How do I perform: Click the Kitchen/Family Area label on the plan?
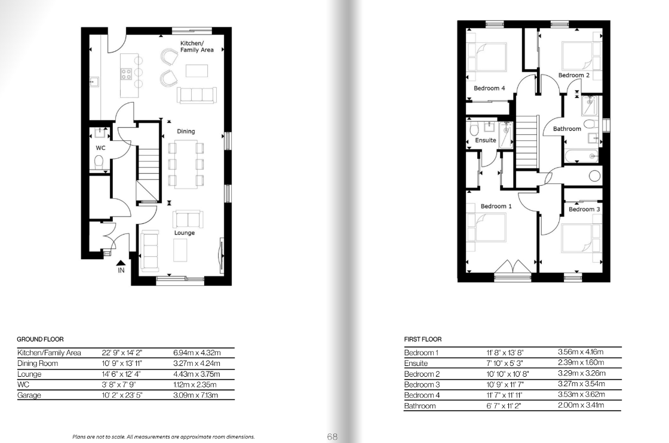click(197, 47)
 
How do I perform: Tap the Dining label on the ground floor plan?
click(186, 131)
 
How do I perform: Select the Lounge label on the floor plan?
click(185, 233)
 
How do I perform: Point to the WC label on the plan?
click(100, 148)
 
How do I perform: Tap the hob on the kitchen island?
click(126, 74)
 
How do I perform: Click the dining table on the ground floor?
click(186, 164)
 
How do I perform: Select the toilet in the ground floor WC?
click(99, 162)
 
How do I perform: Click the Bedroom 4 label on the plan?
click(489, 88)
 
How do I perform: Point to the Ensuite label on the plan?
click(486, 140)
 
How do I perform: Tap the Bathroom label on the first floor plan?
click(567, 129)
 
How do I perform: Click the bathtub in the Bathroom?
click(582, 156)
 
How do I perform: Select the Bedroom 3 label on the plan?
click(584, 210)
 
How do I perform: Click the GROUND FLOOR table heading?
click(40, 339)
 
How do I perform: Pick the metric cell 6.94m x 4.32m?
click(197, 353)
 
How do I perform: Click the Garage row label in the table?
click(29, 395)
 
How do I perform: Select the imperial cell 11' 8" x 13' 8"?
click(505, 353)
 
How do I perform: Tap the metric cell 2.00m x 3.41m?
click(581, 405)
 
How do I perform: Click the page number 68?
click(332, 436)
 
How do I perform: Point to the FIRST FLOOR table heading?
click(423, 339)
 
